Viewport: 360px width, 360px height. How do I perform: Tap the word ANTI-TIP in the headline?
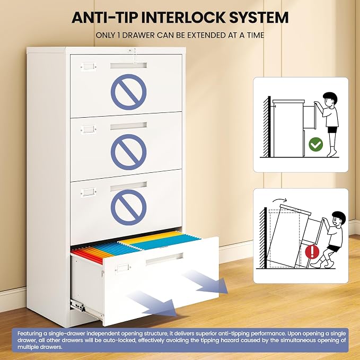[x=104, y=17]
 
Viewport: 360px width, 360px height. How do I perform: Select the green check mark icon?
[x=315, y=144]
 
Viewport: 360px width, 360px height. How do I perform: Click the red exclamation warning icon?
[x=312, y=251]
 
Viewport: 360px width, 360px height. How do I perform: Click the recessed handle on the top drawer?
[x=128, y=65]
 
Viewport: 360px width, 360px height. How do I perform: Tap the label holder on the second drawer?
[x=89, y=129]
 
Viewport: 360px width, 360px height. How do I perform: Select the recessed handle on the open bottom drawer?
[x=164, y=259]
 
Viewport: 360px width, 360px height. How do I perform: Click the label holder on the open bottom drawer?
[x=123, y=268]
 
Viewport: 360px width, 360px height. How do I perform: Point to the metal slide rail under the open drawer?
[x=86, y=309]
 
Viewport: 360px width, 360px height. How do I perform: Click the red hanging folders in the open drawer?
[x=87, y=256]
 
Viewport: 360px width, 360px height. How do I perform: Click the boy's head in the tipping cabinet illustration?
[x=338, y=218]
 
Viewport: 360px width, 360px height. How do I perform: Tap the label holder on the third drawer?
[x=89, y=192]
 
